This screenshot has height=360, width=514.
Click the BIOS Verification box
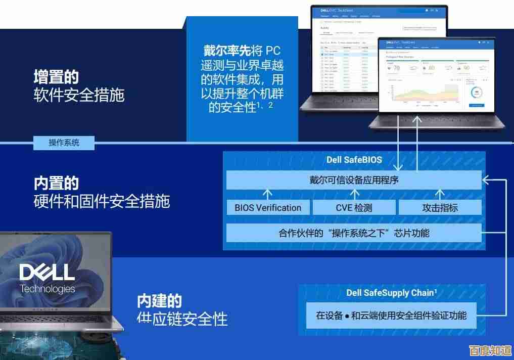pos(268,207)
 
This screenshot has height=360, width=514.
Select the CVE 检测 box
pos(354,207)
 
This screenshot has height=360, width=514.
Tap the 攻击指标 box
pos(440,207)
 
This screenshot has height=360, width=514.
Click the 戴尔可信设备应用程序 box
pos(354,180)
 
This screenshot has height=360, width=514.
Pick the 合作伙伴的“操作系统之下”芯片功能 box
pos(354,233)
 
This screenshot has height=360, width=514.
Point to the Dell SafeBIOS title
pos(354,160)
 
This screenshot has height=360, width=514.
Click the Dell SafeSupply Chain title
pos(392,293)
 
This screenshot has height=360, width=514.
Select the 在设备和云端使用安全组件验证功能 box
pos(391,316)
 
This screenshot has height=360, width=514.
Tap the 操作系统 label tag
pos(64,143)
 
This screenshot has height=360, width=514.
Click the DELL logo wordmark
pos(47,273)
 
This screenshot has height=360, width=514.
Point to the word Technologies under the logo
pos(48,289)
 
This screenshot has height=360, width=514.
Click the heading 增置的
pos(56,77)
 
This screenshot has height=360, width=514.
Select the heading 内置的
pos(56,183)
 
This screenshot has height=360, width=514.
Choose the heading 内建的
pos(159,301)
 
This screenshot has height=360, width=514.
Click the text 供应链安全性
pos(182,319)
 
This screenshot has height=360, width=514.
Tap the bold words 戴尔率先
pos(227,51)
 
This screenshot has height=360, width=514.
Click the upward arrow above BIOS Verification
pos(268,194)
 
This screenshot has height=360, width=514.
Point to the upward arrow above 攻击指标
pos(440,194)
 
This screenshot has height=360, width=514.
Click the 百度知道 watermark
pos(489,350)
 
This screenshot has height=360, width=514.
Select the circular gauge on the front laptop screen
pos(476,93)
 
